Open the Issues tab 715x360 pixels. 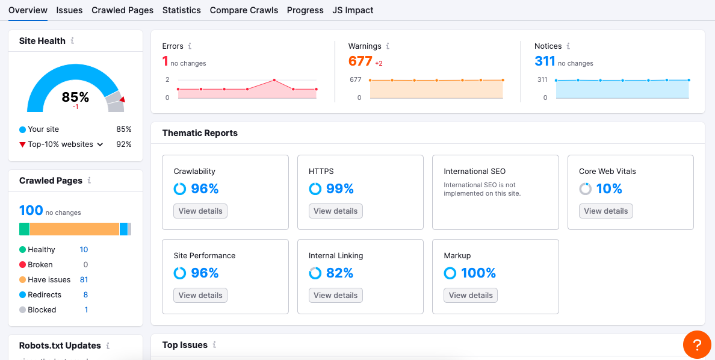(69, 10)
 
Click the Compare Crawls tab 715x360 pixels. (244, 10)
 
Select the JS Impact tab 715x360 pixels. (353, 10)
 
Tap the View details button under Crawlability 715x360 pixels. (200, 211)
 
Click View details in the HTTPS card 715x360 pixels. (335, 211)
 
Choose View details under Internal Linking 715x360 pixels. (335, 296)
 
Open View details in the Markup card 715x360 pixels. (471, 296)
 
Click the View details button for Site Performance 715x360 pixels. (200, 296)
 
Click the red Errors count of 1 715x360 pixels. (166, 61)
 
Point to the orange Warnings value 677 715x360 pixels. (360, 61)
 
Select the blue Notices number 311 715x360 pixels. (545, 61)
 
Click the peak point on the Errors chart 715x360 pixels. (274, 80)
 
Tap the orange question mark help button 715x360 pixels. (697, 345)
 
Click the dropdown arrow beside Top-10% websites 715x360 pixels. (101, 144)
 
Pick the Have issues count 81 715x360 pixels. (84, 280)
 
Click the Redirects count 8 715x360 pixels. (85, 295)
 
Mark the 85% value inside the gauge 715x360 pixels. (75, 97)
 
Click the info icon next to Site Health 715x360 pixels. (72, 41)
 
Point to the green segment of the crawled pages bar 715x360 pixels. (24, 229)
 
